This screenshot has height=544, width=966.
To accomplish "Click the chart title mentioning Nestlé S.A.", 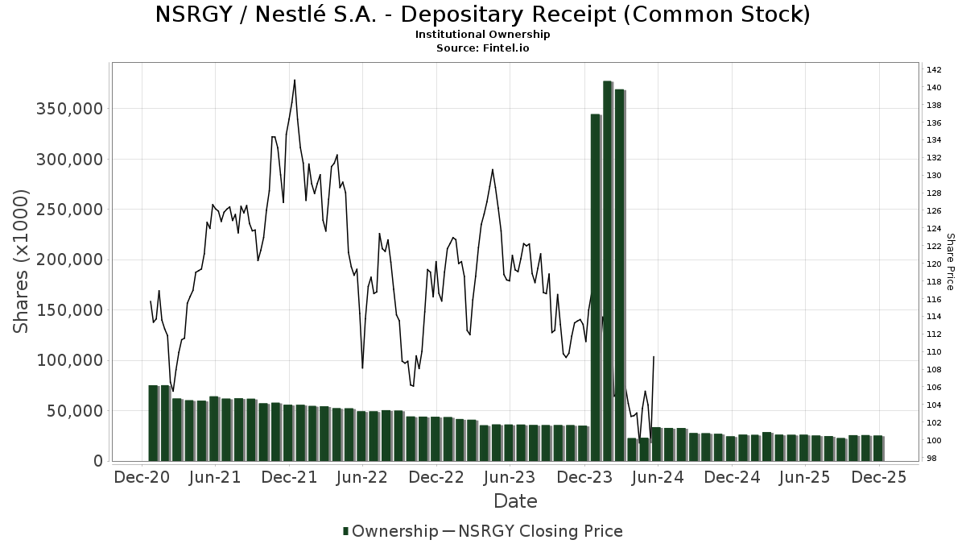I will pos(482,15).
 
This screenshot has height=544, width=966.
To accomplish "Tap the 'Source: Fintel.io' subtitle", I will pos(482,48).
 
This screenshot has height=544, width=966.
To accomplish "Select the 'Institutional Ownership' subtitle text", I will pos(482,34).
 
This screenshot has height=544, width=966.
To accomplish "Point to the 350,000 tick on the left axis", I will pos(68,109).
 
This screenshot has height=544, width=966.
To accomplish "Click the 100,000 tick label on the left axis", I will pos(68,360).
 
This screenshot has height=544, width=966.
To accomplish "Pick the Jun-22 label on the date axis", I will pos(361,477).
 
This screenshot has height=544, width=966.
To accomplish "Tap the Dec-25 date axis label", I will pos(879,477).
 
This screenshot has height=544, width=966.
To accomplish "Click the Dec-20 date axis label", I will pos(141,477).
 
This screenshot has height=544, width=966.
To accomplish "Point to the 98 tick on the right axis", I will pos(931,458).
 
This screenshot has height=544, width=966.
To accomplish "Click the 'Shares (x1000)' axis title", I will pos(22,261).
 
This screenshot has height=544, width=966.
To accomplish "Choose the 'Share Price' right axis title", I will pos(950,261).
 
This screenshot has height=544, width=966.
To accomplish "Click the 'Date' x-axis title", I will pos(515,501).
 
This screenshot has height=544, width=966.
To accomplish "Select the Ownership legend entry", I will pos(390,531).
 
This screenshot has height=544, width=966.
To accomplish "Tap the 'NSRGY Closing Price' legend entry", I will pos(532,531).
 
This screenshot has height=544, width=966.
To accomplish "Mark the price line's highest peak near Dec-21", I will pos(295,80).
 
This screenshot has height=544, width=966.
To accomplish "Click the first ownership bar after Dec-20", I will pos(153,423).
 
